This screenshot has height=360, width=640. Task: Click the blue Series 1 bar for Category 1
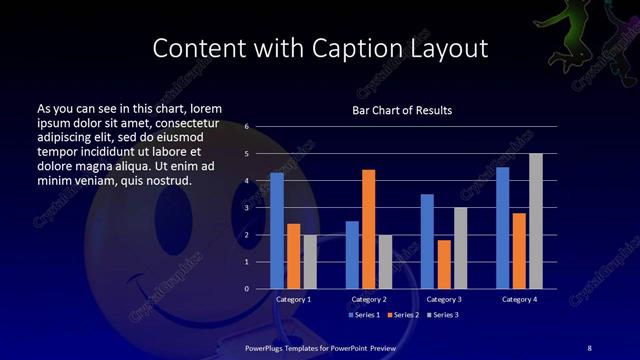click(277, 231)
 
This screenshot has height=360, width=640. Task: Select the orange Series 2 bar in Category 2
click(369, 229)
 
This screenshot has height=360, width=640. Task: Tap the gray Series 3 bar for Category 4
click(536, 221)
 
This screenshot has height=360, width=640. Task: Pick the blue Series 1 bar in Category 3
click(427, 241)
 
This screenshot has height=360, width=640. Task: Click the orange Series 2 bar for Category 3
click(444, 264)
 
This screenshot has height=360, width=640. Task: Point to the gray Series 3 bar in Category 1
click(310, 262)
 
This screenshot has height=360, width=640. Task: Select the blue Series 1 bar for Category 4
click(503, 228)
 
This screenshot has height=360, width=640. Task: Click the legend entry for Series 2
click(402, 315)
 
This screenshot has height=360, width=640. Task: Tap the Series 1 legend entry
click(362, 315)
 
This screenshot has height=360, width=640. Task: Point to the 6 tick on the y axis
click(246, 127)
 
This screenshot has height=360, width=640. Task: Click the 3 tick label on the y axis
click(246, 208)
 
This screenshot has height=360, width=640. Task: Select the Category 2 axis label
click(369, 299)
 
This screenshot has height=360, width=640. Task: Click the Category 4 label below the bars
click(519, 299)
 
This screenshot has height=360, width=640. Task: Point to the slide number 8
click(588, 346)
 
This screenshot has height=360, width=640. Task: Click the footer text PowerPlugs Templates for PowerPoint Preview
click(322, 346)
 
